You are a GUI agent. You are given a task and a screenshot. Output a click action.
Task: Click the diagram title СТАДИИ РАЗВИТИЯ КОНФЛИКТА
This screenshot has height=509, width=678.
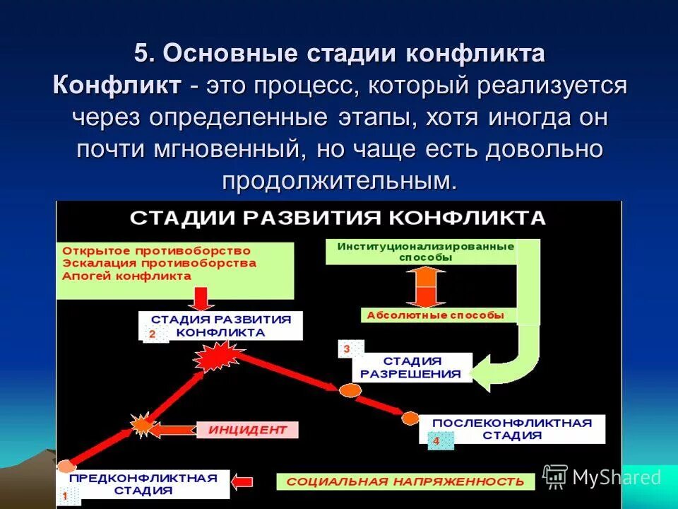(338, 217)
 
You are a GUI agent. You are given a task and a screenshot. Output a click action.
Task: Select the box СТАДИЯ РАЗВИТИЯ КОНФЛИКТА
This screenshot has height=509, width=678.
(220, 326)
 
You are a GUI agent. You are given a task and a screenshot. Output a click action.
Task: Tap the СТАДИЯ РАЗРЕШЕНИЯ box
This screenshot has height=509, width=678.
(412, 367)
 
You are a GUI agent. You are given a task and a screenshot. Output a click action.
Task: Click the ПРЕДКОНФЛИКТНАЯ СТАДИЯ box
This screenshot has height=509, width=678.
(153, 484)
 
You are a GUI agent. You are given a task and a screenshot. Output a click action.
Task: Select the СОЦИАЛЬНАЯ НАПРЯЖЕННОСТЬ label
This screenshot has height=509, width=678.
(405, 481)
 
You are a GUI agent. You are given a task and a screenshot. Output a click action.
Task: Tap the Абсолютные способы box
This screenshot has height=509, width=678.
(434, 315)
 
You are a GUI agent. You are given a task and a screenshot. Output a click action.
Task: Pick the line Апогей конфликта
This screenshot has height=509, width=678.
(127, 276)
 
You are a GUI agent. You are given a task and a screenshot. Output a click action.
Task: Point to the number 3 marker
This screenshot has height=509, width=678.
(347, 349)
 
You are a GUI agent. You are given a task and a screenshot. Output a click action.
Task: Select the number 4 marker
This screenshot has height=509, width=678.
(436, 441)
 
